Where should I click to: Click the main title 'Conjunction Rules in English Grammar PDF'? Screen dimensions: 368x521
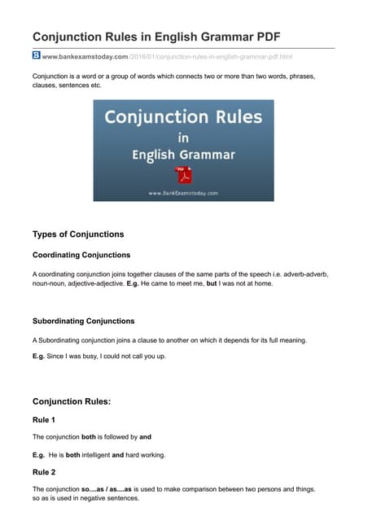[x=151, y=37]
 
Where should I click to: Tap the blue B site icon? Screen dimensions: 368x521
[x=37, y=55]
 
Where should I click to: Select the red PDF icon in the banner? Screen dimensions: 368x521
[x=183, y=175]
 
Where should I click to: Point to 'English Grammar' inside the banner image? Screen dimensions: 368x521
[x=183, y=155]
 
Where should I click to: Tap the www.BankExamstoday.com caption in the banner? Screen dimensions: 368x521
[x=183, y=193]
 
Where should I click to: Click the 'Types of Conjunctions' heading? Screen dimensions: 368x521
[x=78, y=234]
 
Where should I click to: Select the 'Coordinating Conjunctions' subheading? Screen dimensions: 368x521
[x=81, y=256]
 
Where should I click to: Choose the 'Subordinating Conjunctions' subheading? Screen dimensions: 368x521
[x=83, y=321]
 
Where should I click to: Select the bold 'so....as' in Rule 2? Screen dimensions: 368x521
[x=96, y=489]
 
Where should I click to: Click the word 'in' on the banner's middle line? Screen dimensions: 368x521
[x=183, y=137]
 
